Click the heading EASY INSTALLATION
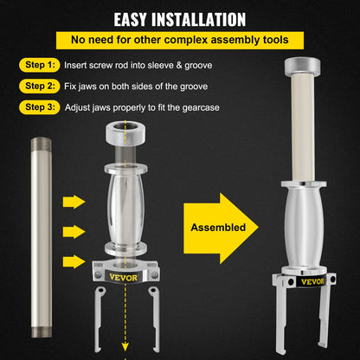click(x=180, y=17)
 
